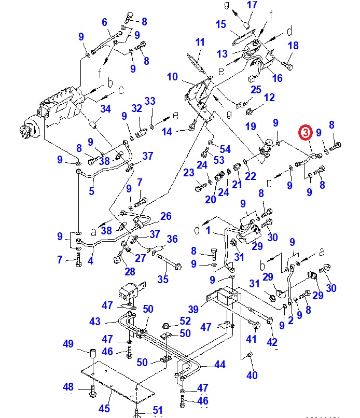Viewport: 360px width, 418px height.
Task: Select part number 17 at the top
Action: coord(252,6)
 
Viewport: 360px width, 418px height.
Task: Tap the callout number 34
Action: coord(106,109)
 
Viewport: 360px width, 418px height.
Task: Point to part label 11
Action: coord(200,42)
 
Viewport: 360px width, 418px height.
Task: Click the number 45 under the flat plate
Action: coord(105,408)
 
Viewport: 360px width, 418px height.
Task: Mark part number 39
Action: coord(193,309)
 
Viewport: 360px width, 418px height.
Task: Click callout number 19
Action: coord(251,127)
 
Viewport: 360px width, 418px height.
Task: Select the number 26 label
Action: coord(165,216)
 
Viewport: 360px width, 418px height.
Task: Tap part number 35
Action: coord(163,280)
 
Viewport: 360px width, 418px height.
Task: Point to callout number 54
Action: coord(225,149)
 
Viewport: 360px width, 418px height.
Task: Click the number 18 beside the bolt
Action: coord(293,46)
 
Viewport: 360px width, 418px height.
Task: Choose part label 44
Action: coord(220,365)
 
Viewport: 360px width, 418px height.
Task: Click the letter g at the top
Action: coord(226,5)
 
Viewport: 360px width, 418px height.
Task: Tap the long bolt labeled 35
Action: coord(167,260)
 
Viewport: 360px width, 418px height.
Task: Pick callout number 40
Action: coord(252,375)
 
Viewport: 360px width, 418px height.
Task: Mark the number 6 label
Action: coord(104,22)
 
